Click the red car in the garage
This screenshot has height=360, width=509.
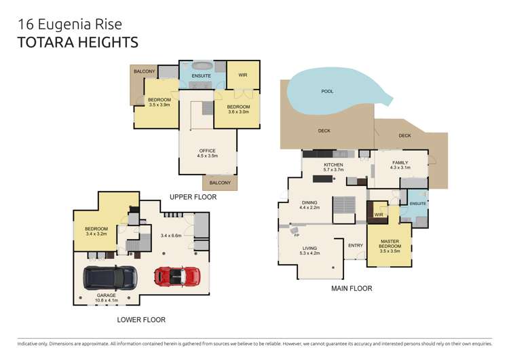point(177,276)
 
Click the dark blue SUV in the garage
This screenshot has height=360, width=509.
point(110,278)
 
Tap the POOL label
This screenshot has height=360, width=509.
point(327,91)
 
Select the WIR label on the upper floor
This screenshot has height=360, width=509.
point(243,75)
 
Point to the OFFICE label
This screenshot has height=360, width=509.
point(208,151)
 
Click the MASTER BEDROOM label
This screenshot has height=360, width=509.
point(390,244)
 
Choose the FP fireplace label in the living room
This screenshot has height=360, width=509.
point(297,235)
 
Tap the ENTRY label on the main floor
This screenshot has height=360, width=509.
point(356,245)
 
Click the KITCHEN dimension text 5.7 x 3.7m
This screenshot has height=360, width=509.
point(333,170)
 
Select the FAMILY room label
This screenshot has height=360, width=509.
point(400,162)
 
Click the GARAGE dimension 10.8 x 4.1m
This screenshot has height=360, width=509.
point(106,300)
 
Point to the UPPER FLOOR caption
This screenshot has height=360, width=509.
point(193,197)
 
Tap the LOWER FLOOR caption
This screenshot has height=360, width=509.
point(141,320)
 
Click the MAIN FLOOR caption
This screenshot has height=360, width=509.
point(352,288)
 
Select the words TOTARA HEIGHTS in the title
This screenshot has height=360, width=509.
point(78,43)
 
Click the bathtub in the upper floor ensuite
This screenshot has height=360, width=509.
point(202,65)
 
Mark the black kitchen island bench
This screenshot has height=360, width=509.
point(322,179)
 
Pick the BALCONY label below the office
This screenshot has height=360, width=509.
point(220,183)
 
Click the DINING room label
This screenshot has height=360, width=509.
point(309,202)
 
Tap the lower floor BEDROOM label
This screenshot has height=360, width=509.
point(96,229)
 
